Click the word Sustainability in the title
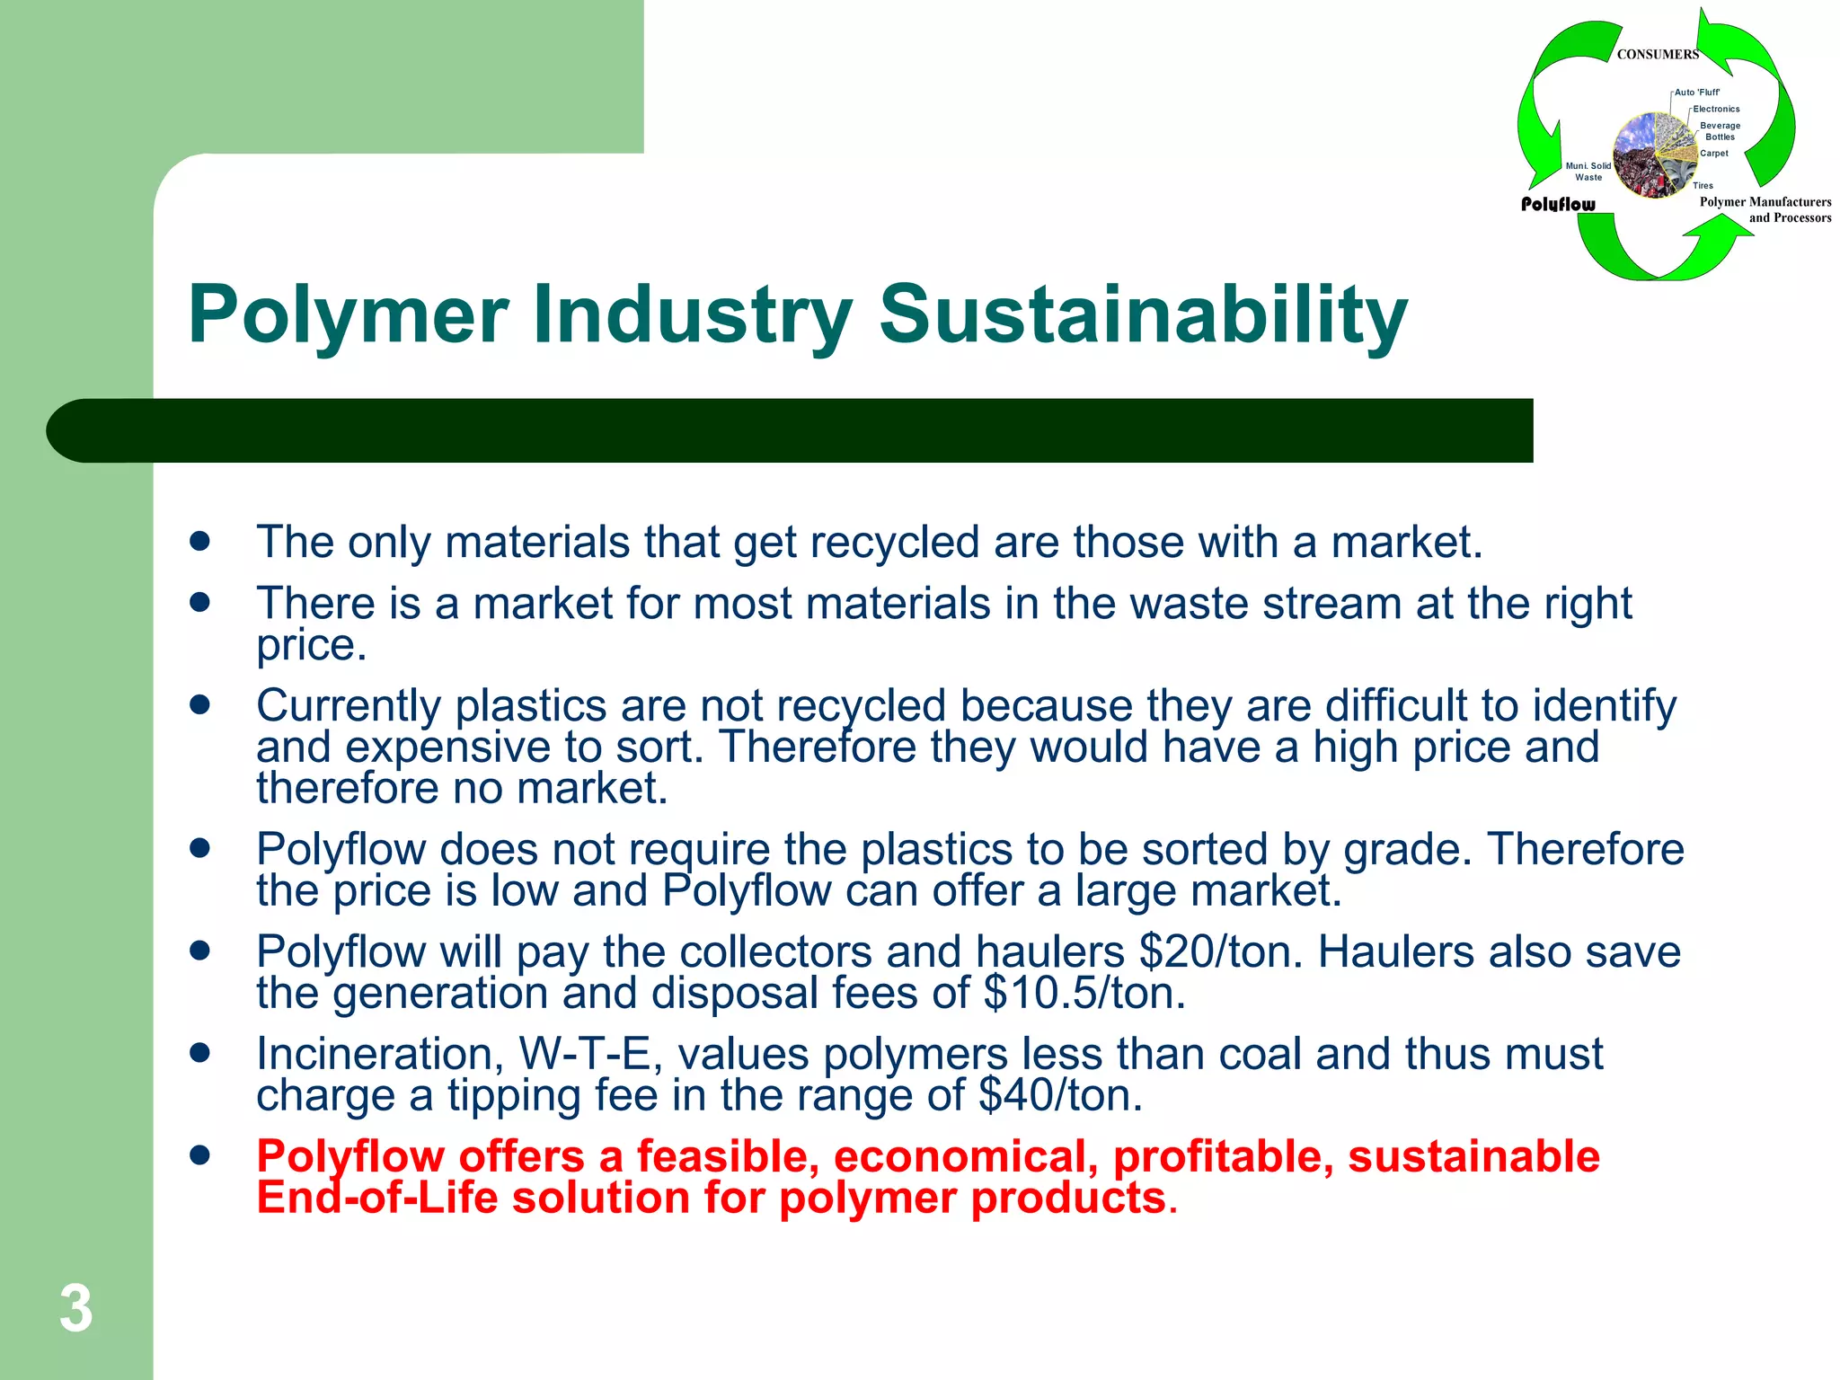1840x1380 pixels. pyautogui.click(x=1143, y=314)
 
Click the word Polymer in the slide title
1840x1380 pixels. pyautogui.click(x=349, y=314)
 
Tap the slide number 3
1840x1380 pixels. pyautogui.click(x=75, y=1309)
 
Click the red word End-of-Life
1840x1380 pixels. pyautogui.click(x=377, y=1198)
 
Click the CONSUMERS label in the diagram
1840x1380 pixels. pyautogui.click(x=1658, y=55)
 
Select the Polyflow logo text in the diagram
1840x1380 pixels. pyautogui.click(x=1558, y=205)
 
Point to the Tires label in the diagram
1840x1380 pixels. pyautogui.click(x=1703, y=186)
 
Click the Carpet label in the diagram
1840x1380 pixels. pyautogui.click(x=1713, y=154)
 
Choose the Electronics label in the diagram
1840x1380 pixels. pyautogui.click(x=1716, y=110)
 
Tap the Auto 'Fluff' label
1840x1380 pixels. pyautogui.click(x=1696, y=93)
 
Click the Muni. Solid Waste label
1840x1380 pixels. pyautogui.click(x=1588, y=172)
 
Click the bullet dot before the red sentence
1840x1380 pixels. pyautogui.click(x=199, y=1154)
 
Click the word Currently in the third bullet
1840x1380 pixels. pyautogui.click(x=349, y=705)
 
